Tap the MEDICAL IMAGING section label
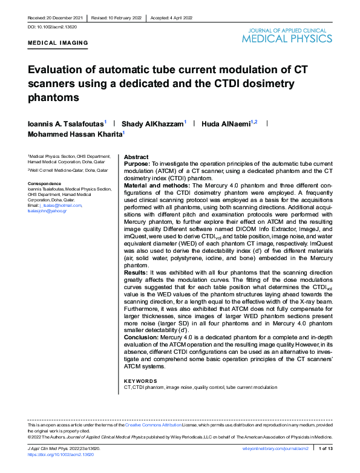(x=58, y=43)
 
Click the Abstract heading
(x=136, y=156)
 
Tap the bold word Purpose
(x=137, y=163)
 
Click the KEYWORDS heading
(x=140, y=380)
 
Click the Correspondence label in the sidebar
(x=45, y=183)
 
